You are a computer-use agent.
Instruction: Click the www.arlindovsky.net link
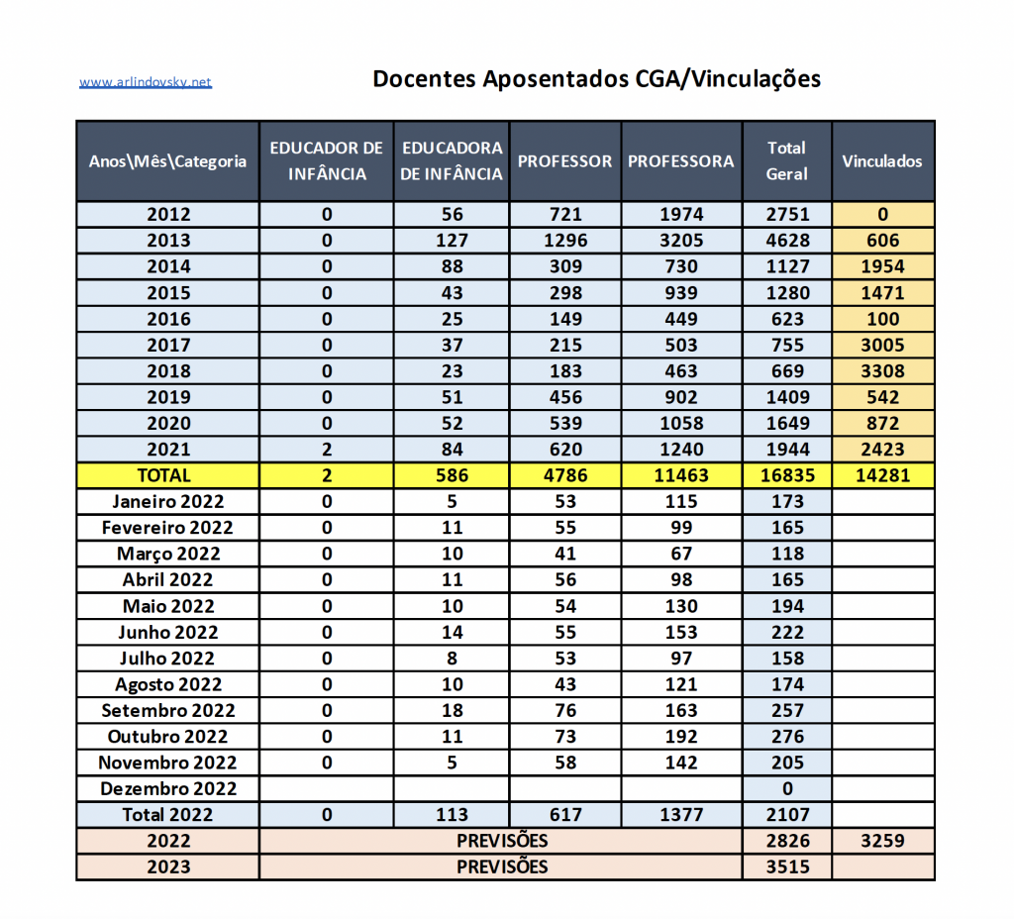point(146,82)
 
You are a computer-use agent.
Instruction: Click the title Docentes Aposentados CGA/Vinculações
point(596,79)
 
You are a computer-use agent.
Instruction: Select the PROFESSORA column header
point(681,161)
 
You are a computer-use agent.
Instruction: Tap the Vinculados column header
point(882,161)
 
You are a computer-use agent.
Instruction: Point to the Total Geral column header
point(787,160)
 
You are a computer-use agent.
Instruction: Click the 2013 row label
point(168,241)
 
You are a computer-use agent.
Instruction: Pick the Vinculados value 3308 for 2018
point(882,371)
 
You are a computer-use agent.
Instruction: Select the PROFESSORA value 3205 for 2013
point(681,241)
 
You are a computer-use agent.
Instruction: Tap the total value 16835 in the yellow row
point(787,475)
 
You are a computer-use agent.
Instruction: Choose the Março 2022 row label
point(168,554)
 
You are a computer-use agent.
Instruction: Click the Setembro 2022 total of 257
point(787,711)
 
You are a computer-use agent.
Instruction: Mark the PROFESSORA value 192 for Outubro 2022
point(681,737)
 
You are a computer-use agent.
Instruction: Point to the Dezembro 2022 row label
point(168,789)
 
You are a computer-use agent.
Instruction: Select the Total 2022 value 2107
point(787,815)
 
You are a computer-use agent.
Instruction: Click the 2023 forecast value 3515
point(787,868)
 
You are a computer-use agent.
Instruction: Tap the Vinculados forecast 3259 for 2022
point(882,842)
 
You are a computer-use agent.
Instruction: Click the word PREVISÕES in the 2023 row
point(502,868)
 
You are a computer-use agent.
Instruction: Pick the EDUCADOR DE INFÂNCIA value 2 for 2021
point(327,450)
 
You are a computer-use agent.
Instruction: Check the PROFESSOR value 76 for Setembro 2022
point(565,711)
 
